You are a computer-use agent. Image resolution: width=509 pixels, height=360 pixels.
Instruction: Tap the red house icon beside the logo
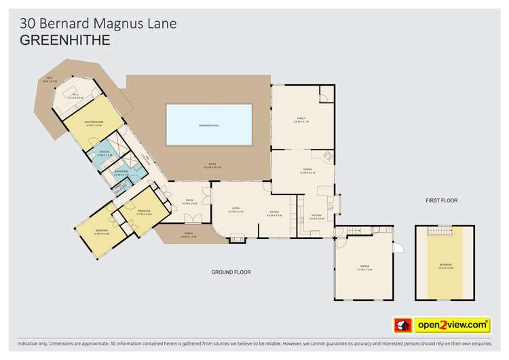[401, 325]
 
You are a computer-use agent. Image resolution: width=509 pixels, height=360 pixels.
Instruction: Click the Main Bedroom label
[93, 123]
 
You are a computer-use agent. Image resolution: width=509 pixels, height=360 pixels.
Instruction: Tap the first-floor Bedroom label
[445, 265]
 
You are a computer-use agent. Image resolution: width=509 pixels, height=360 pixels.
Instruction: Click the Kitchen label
[314, 218]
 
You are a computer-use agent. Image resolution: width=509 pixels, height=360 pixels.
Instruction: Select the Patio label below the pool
[210, 165]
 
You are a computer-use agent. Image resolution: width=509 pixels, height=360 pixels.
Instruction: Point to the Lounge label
[235, 211]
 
